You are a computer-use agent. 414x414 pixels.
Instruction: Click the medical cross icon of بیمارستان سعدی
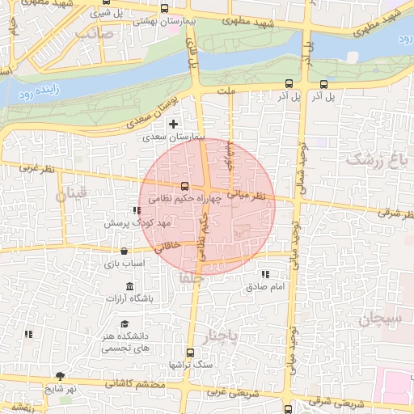pos(173,124)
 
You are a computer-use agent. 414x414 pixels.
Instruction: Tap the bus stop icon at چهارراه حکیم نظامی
pos(185,186)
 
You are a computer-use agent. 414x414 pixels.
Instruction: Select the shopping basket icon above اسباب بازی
pos(124,251)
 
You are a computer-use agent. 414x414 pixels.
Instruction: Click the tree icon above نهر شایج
pos(60,376)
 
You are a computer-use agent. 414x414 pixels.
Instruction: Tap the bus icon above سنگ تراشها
pos(190,353)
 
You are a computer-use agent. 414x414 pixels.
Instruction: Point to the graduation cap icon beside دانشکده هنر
pos(125,324)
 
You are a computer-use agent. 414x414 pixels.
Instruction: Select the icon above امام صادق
pos(266,275)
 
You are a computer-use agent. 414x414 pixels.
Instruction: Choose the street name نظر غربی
pos(39,168)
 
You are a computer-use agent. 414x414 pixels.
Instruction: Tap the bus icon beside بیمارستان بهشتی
pos(165,8)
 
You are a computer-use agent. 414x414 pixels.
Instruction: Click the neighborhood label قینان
pos(70,195)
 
